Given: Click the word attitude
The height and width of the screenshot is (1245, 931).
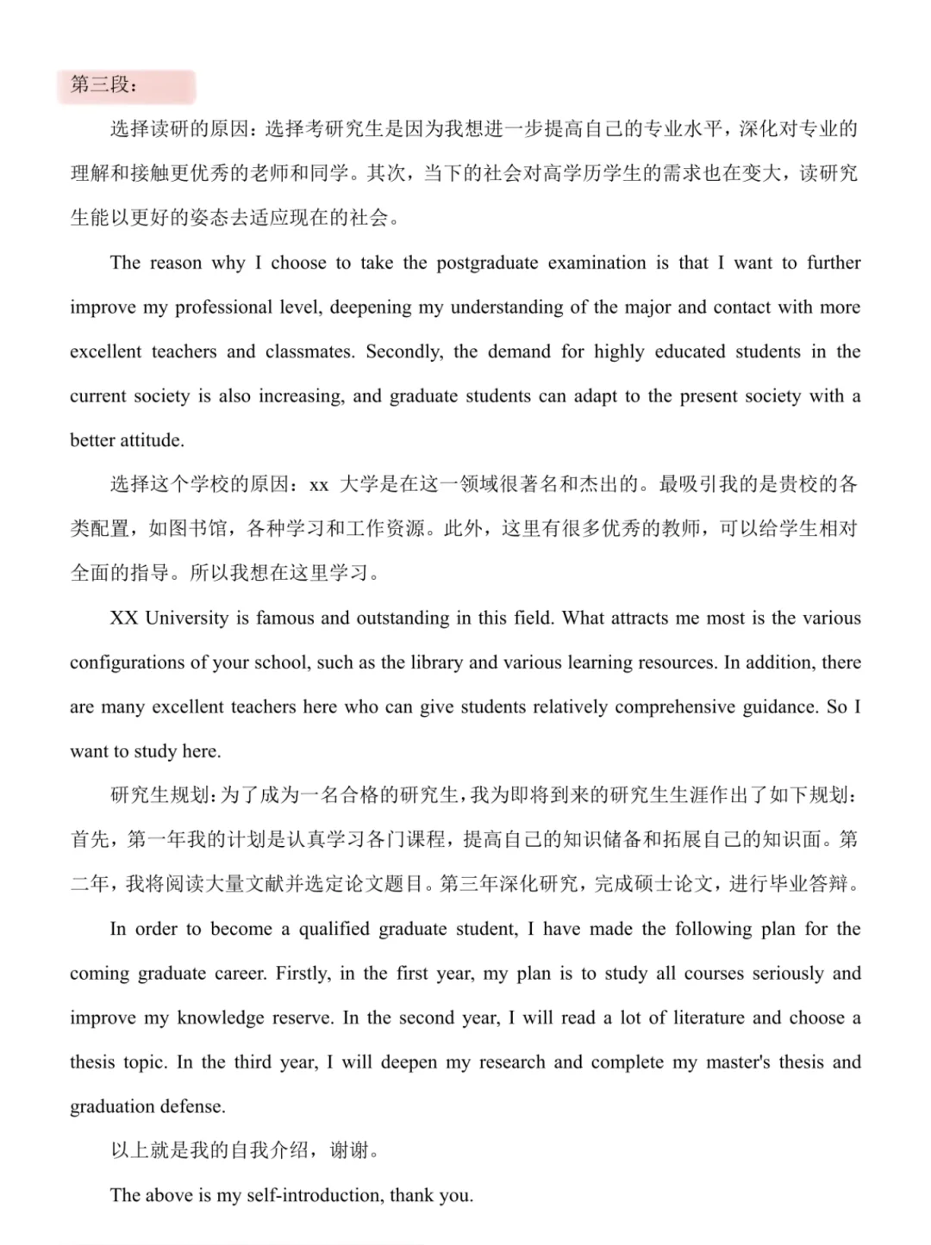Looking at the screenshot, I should [x=152, y=440].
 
